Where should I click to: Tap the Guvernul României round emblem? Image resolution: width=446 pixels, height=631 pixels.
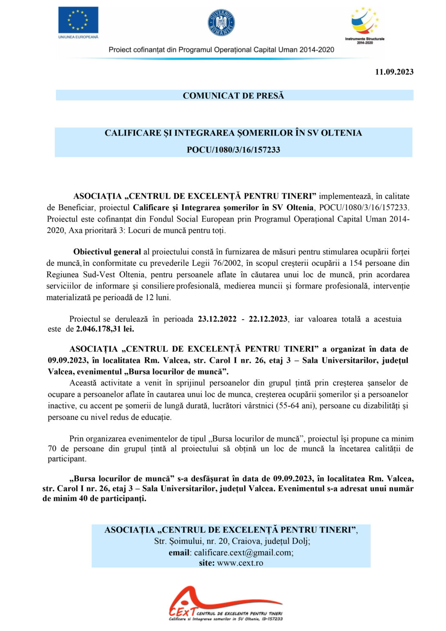(221, 22)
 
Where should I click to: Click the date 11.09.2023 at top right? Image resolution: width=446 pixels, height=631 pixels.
(394, 72)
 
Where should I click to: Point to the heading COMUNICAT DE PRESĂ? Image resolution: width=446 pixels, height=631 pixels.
(233, 96)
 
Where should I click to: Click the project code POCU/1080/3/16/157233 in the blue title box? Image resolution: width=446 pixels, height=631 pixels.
(233, 150)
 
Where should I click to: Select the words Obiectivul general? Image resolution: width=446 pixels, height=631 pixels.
(107, 252)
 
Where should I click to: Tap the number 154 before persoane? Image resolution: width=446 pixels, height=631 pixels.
(356, 263)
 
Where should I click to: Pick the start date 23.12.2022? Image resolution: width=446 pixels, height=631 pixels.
(217, 319)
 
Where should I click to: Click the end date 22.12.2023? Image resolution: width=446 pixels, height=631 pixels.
(268, 319)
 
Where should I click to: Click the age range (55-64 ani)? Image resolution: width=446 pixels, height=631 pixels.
(291, 405)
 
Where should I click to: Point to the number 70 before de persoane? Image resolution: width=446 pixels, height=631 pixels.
(52, 449)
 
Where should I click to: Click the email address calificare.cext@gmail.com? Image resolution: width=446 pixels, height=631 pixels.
(243, 553)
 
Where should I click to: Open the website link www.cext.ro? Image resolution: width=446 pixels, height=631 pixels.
(240, 563)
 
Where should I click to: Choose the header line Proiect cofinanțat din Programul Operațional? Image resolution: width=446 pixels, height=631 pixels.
(221, 50)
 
